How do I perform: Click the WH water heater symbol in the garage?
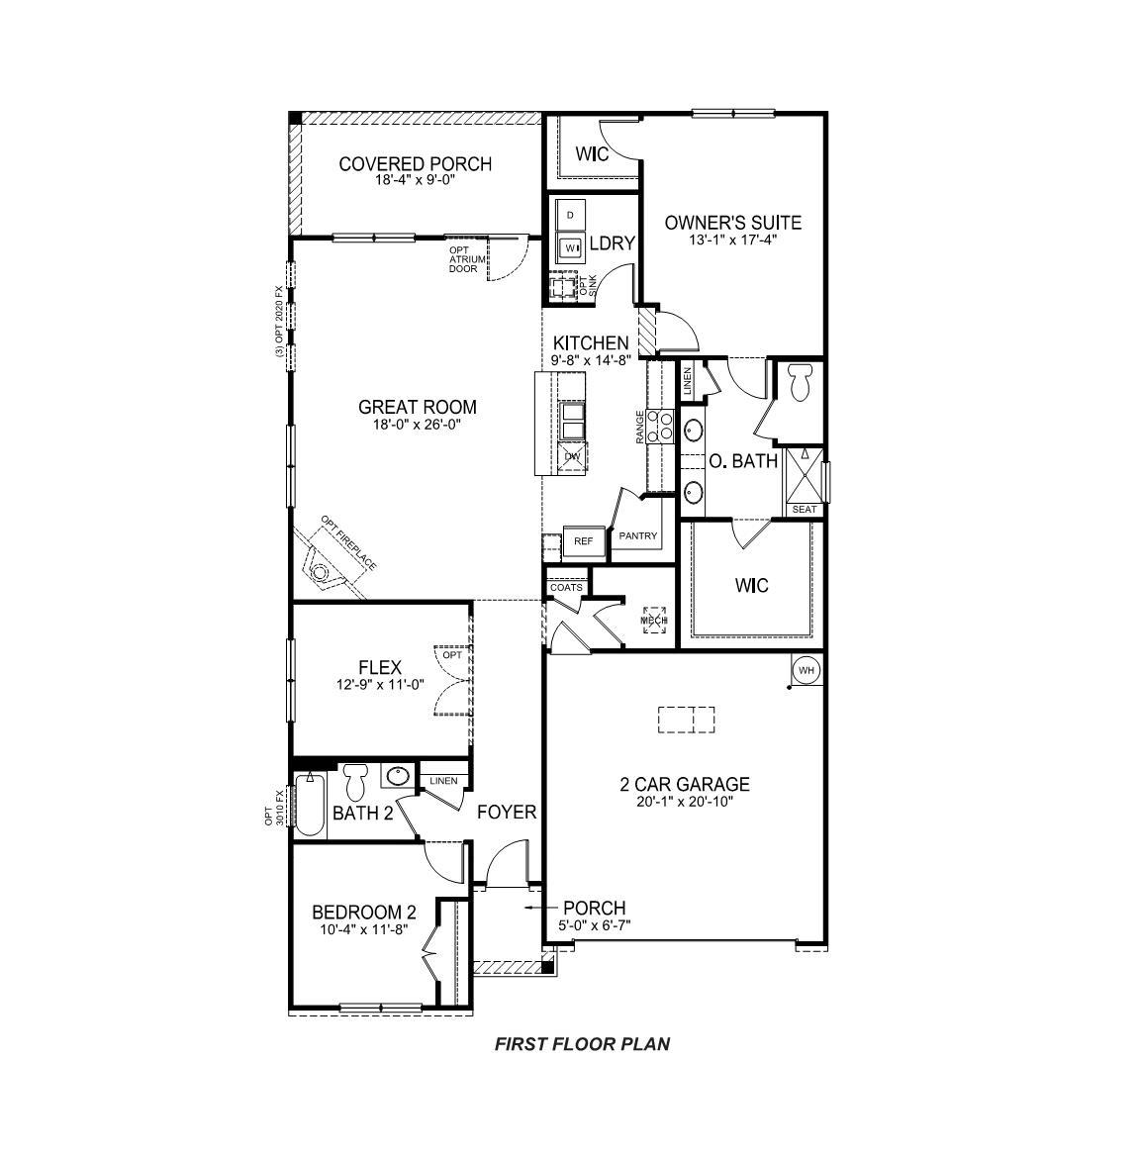pos(806,671)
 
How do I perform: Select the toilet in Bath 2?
pos(355,782)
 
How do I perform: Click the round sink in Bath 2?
pos(399,777)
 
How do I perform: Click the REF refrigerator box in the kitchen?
pos(583,541)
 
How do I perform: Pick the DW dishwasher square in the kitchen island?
pos(572,455)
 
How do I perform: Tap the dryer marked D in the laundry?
pos(571,215)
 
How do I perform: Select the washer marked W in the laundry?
pos(571,247)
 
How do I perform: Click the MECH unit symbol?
pos(652,621)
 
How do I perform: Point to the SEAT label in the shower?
pos(805,509)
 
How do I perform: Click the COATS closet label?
pos(566,588)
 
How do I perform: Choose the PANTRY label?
pos(638,536)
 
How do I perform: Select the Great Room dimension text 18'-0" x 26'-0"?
pos(417,424)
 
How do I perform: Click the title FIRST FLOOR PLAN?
pos(582,1043)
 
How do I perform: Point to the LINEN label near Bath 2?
pos(443,781)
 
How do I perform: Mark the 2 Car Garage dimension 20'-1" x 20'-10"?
pos(685,802)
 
